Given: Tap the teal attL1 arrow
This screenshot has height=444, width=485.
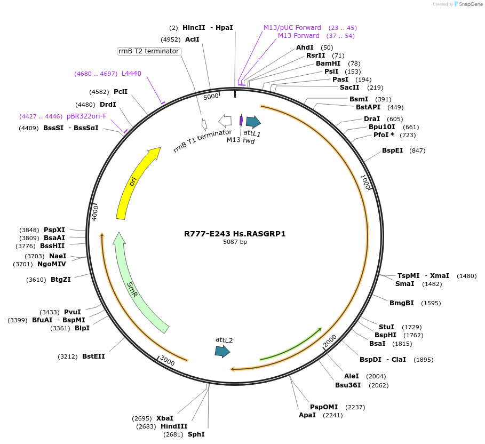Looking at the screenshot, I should [x=253, y=122].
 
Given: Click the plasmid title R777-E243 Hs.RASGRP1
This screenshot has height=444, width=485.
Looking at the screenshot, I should [x=235, y=234].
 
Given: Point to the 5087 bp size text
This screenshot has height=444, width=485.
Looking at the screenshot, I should [x=235, y=242].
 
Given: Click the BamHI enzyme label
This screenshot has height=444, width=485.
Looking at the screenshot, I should [x=328, y=64].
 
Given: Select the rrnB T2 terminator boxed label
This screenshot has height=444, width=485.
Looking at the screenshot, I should [x=149, y=51].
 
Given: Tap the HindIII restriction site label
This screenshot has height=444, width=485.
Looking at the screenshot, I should [x=174, y=426].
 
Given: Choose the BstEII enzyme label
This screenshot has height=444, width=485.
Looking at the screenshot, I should [x=93, y=356].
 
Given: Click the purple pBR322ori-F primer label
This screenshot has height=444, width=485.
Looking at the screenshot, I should [x=86, y=116].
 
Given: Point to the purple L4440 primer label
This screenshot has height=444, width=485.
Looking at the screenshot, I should [x=131, y=74].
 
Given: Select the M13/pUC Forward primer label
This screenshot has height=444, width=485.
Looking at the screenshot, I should [x=292, y=28].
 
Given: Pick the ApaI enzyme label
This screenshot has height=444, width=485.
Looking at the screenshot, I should [x=307, y=415].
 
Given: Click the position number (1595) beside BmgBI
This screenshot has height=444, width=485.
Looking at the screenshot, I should [x=431, y=303].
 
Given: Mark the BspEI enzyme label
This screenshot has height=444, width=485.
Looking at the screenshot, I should [x=392, y=150].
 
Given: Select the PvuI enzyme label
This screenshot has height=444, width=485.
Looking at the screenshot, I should [x=73, y=312].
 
